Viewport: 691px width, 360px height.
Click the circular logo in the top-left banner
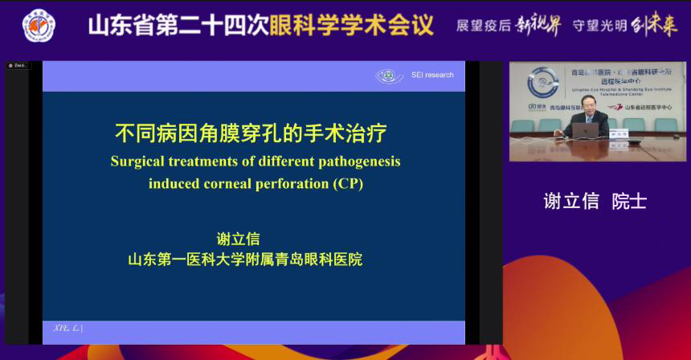39,26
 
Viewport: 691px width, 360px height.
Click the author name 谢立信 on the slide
239,239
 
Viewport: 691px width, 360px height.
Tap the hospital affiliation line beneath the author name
245,260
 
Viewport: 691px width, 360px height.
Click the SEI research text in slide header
432,75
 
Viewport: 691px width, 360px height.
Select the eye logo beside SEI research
390,76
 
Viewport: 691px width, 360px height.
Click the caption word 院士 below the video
628,201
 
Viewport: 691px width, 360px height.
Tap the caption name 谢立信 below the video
571,201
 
